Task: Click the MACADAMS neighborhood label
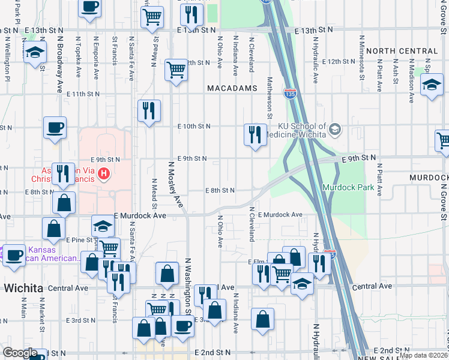click(232, 88)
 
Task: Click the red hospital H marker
click(104, 175)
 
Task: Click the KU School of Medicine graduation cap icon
click(335, 128)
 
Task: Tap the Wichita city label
click(23, 288)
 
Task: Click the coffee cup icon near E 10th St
click(55, 128)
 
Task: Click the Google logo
click(20, 353)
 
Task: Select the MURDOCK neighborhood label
click(429, 178)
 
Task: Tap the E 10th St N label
click(193, 126)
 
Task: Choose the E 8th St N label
click(220, 190)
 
